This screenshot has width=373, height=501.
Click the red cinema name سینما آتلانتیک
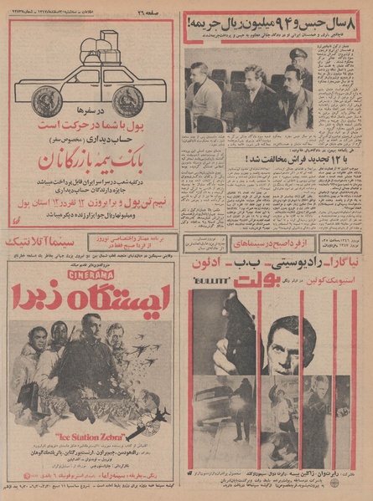(x=39, y=245)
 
